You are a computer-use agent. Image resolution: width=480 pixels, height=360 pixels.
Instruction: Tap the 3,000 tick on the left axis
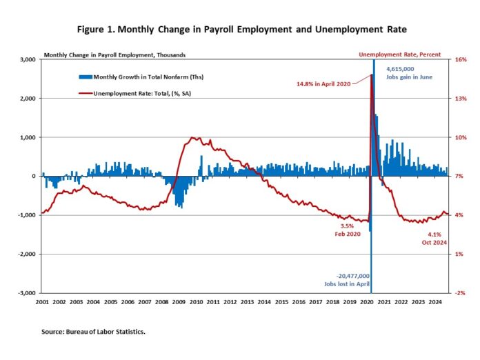28,60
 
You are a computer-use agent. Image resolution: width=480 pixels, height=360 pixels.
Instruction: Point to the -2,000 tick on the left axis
26,254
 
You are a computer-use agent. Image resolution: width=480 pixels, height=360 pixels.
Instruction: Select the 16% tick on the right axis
461,60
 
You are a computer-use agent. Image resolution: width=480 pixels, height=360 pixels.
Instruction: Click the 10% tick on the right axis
461,138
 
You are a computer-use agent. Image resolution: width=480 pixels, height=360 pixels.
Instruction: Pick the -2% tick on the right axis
461,293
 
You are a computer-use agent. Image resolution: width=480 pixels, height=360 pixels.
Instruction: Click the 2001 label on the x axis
41,302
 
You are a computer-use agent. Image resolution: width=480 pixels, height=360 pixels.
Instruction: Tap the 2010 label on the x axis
195,302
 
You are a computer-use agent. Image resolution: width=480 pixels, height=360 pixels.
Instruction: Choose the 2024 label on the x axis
434,302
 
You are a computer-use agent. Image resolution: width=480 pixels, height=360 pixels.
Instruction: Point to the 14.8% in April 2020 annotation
324,83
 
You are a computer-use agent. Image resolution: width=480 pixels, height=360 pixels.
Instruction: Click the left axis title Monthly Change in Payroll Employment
114,54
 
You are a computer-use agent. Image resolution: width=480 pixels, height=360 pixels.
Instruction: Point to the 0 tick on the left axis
32,177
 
